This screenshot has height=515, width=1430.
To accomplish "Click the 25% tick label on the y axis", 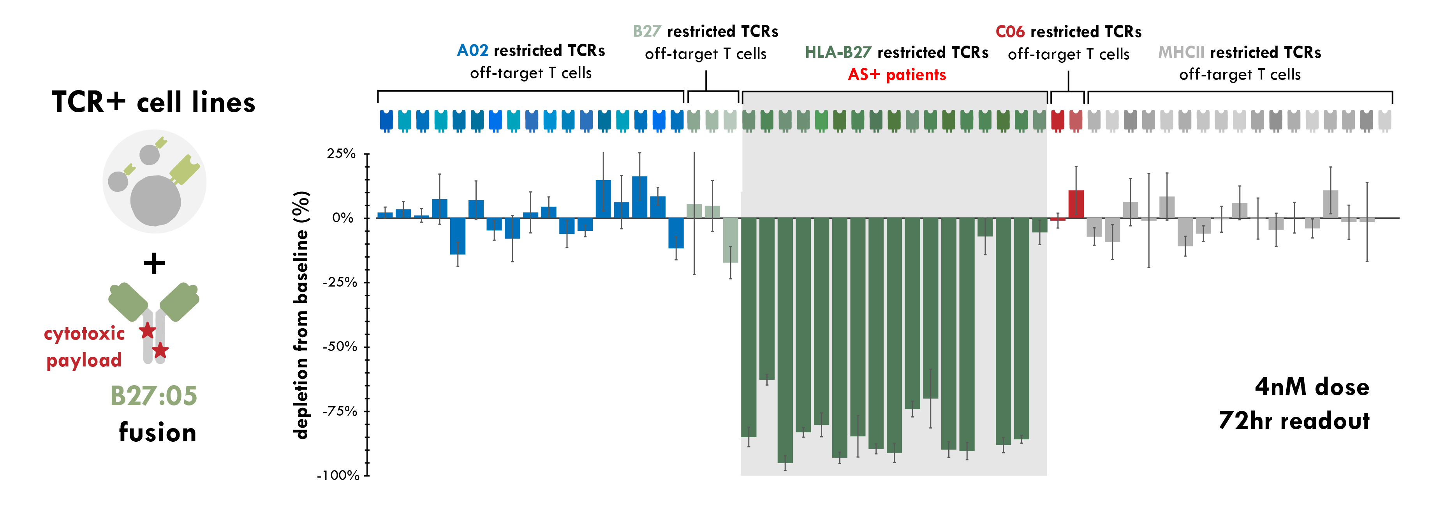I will coord(341,154).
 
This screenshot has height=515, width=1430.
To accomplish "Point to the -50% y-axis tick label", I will coord(340,347).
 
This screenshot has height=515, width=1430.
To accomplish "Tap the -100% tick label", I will coord(338,476).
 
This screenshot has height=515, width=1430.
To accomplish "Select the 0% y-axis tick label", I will coord(343,218).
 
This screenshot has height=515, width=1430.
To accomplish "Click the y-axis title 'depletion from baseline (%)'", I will coord(301,315).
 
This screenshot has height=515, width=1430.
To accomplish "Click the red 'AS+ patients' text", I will coord(896,74).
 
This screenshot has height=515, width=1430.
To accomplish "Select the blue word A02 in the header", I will coord(472,51).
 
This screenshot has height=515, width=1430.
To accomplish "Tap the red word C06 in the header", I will coord(1010,32).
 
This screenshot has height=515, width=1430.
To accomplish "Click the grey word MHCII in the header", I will coord(1181,52).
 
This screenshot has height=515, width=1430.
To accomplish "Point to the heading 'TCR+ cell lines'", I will coord(153,102).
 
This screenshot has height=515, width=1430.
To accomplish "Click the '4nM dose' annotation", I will coord(1312,387).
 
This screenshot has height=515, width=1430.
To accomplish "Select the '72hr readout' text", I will coord(1294,421).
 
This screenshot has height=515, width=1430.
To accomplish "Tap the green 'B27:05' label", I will coord(154,396).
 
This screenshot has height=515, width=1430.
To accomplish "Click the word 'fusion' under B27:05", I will coord(158,432).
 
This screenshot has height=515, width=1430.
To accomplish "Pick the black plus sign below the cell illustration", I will coord(154,263).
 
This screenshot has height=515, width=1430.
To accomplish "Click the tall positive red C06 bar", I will coord(1076,204).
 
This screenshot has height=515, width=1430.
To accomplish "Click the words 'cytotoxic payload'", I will coord(85,347).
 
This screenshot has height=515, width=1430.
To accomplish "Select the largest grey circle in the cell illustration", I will coord(155,200).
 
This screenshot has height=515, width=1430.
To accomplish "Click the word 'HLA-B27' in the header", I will coord(838,52).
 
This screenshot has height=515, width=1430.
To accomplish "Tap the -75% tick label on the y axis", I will coord(340,411).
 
